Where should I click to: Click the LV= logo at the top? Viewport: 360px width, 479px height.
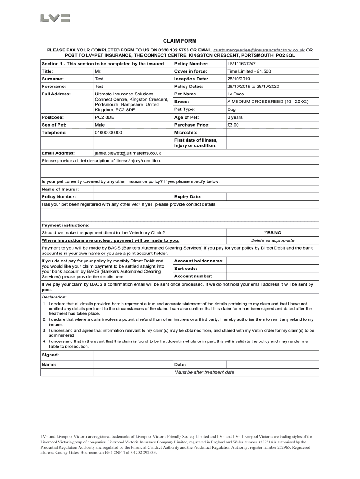click(55, 18)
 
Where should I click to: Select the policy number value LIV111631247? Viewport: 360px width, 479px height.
click(241, 64)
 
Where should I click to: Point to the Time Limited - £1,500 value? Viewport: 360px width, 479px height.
click(249, 72)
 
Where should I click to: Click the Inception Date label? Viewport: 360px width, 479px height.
click(191, 79)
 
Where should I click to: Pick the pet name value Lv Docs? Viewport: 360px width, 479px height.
click(236, 94)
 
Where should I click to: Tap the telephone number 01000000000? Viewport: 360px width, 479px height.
click(108, 133)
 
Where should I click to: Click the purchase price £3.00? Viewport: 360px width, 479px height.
click(233, 125)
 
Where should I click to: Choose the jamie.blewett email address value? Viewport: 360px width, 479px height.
click(128, 153)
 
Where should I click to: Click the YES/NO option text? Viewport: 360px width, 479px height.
click(273, 232)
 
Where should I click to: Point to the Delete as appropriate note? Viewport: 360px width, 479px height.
click(273, 240)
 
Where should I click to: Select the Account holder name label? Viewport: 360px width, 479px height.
click(199, 261)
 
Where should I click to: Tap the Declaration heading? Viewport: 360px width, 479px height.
click(54, 297)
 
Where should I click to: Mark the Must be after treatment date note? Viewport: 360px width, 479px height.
click(204, 372)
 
